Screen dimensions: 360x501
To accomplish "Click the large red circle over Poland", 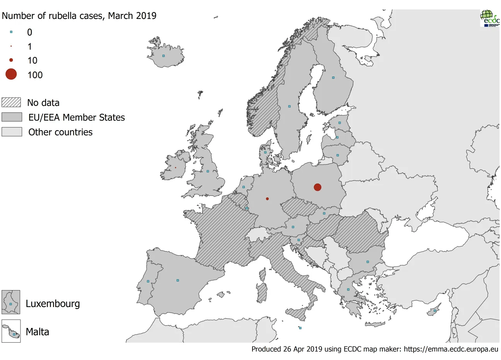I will point(317,187).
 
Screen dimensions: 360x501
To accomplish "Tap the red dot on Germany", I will point(268,199).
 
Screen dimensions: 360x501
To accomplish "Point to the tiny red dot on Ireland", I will point(176,168).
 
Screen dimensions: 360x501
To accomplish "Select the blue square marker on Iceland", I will point(164,56).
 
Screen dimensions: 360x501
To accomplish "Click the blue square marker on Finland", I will point(333,78).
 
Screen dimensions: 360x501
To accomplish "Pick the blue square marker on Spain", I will point(178,280).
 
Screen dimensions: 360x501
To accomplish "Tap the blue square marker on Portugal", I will point(148,282).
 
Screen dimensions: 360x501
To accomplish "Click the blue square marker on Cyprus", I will point(435,311).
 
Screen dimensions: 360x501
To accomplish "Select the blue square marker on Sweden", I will point(289,106).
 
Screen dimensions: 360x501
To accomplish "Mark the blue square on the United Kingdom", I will point(208,172).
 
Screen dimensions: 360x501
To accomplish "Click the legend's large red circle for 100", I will point(11,74).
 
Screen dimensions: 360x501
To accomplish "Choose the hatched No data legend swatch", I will point(11,102).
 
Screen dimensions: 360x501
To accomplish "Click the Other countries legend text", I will point(60,132).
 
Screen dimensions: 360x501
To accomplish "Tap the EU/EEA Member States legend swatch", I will point(12,117).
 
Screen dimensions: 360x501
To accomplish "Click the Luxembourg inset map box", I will point(11,302).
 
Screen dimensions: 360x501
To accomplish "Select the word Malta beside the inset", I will point(37,332).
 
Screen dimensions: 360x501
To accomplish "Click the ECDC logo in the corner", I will point(489,18).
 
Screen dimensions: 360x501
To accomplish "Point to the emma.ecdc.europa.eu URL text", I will point(451,349).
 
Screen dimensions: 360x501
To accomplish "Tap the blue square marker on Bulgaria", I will point(368,262).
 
